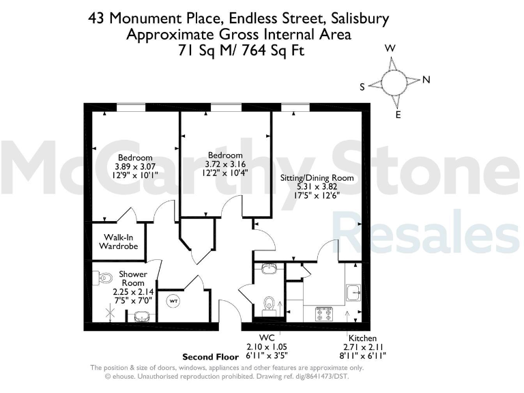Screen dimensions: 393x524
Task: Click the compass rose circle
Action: coord(395,83)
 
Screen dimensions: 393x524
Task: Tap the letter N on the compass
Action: coord(426,80)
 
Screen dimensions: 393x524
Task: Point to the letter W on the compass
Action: coord(390,48)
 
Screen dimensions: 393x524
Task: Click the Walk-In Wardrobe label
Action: coord(120,241)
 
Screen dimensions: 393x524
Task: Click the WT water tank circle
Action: coord(173,301)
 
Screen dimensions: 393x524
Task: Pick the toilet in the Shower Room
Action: coord(104,278)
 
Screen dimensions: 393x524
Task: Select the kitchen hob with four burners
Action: coord(323,313)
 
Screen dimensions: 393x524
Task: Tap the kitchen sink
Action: coord(353,292)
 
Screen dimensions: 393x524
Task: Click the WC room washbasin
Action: coord(268,267)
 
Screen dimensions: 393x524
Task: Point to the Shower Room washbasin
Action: coord(142,317)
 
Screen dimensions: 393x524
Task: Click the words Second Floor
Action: coord(209,357)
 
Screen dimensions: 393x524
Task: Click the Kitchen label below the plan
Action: coord(362,338)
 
